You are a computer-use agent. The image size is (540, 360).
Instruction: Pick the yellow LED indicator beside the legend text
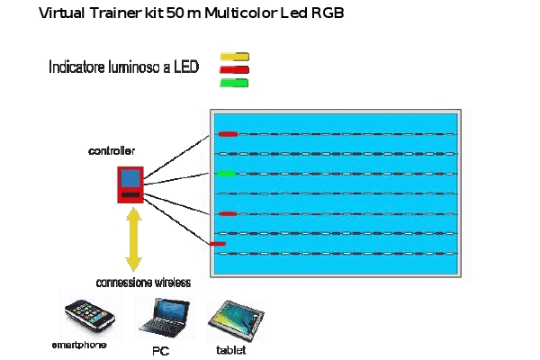[234, 57]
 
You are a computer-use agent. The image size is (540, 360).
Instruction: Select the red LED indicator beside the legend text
[234, 69]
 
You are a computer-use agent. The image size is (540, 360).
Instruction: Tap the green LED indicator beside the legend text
[234, 83]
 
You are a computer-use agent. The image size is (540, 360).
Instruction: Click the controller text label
[112, 149]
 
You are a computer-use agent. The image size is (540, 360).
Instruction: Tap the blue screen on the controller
[130, 178]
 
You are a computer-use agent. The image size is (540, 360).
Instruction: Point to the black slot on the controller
[130, 194]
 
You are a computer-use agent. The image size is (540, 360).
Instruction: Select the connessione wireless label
[142, 282]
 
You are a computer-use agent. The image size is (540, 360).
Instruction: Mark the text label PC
[160, 350]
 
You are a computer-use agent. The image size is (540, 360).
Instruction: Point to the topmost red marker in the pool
[228, 134]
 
